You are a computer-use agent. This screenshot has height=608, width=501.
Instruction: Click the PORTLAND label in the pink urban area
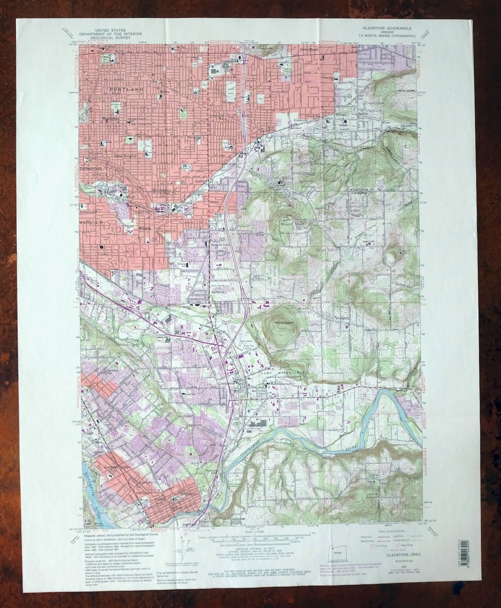tap(126, 90)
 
